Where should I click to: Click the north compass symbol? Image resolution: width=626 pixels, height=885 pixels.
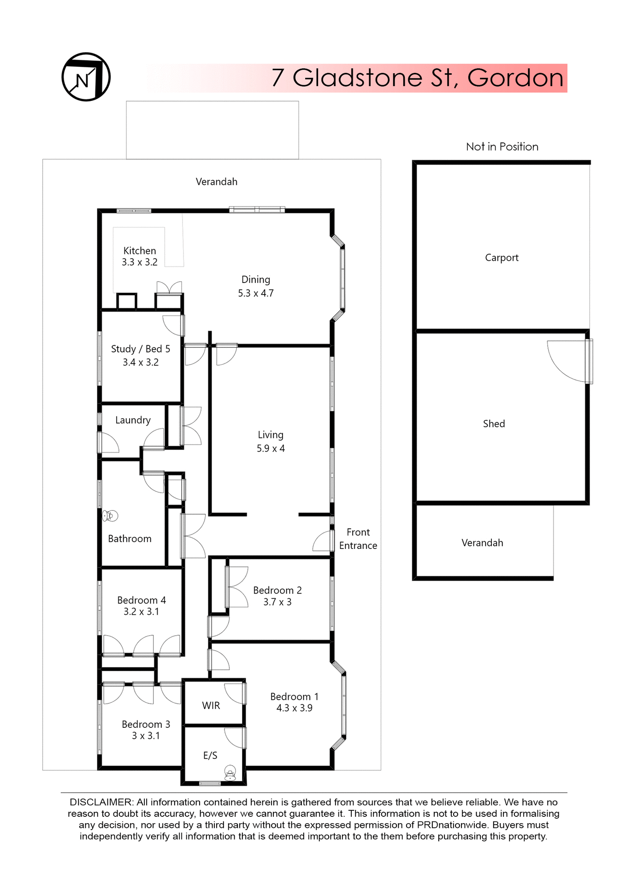[x=86, y=77]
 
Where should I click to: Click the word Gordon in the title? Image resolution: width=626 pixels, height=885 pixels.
[x=515, y=78]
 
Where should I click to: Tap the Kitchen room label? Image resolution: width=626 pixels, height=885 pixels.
[x=140, y=251]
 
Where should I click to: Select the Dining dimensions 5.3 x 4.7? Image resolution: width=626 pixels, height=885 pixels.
[x=255, y=293]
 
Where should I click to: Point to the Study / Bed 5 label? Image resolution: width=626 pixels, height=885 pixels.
[x=141, y=349]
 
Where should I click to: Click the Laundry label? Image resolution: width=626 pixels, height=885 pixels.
[x=133, y=420]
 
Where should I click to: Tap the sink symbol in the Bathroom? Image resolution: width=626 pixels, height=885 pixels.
[x=110, y=516]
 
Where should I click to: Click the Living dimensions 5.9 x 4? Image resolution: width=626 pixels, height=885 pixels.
[x=271, y=448]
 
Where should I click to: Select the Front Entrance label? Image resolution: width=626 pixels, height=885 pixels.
[x=358, y=539]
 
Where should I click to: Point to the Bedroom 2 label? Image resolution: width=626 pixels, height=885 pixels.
[x=278, y=590]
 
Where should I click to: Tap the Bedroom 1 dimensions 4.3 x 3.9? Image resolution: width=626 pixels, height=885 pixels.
[x=294, y=708]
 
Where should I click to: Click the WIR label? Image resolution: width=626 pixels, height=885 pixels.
[x=211, y=706]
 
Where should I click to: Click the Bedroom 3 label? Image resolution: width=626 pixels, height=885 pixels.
[x=146, y=724]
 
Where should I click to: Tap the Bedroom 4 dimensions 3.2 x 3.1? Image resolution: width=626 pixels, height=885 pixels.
[x=141, y=612]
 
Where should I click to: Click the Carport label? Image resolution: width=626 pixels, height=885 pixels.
[x=502, y=258]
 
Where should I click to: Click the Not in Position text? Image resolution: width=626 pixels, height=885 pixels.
[x=502, y=147]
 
